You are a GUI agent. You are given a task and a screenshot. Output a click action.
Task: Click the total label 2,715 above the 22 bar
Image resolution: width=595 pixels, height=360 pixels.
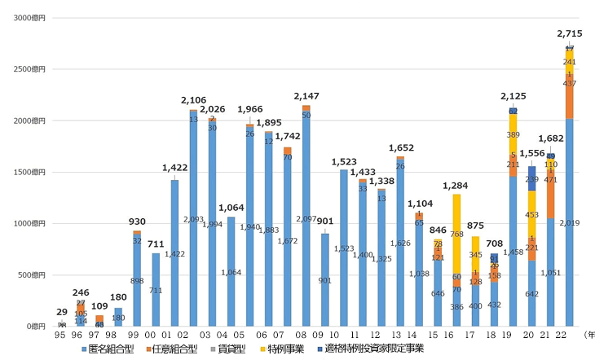(569, 33)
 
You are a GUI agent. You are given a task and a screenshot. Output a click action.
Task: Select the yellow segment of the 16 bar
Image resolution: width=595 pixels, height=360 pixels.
(456, 235)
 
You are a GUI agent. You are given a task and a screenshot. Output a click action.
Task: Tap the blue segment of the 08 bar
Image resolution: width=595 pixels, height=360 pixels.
(306, 218)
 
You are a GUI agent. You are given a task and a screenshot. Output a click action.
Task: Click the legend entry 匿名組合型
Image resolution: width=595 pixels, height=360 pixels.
(111, 349)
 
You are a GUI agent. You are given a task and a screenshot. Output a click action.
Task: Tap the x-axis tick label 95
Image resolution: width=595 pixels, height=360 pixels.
(62, 333)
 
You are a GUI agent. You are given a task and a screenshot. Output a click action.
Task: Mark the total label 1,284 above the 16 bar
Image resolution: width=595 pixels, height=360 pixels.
(456, 186)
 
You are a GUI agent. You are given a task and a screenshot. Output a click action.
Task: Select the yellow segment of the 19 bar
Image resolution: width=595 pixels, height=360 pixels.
(513, 134)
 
